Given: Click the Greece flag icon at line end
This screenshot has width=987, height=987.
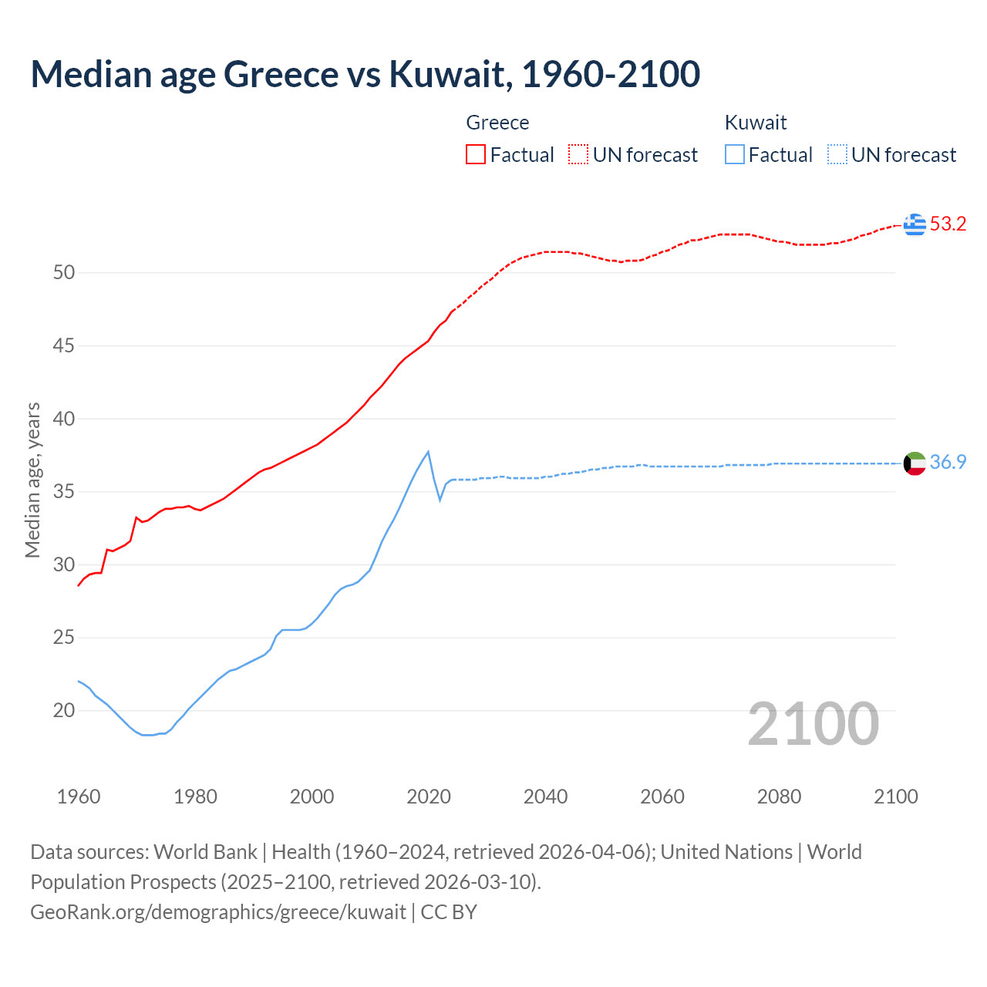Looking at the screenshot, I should [915, 224].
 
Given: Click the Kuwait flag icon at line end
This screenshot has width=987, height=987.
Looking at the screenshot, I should [915, 463].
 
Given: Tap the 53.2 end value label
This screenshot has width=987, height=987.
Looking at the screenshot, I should [948, 224].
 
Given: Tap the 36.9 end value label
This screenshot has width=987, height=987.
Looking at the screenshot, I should [948, 463].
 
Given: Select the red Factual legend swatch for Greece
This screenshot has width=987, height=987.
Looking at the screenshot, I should [476, 155].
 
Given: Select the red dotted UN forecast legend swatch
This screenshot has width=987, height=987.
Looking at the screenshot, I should [578, 155].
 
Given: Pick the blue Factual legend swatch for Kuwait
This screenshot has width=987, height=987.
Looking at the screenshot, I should [734, 155].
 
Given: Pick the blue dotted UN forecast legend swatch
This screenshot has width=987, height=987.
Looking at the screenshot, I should [837, 155].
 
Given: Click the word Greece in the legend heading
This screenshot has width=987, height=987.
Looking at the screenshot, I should [497, 123].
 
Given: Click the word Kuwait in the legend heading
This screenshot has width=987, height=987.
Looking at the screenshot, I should [756, 123].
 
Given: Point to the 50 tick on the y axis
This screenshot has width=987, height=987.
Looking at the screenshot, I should [64, 273].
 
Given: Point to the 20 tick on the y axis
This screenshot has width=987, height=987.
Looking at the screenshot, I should [64, 711].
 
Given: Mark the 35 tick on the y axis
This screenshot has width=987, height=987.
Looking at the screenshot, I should [64, 492].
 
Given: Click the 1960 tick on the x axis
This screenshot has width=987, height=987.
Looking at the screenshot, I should [79, 797].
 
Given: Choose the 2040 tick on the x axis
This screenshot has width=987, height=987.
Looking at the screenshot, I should [545, 797].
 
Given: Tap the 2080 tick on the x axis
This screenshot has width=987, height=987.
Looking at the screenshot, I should [779, 797].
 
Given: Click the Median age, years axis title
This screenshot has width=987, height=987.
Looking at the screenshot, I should [32, 480].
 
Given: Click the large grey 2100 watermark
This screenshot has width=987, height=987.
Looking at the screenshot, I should [814, 723].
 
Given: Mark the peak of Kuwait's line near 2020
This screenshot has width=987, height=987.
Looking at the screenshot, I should [428, 452].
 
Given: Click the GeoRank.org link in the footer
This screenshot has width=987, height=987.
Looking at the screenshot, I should [218, 912].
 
